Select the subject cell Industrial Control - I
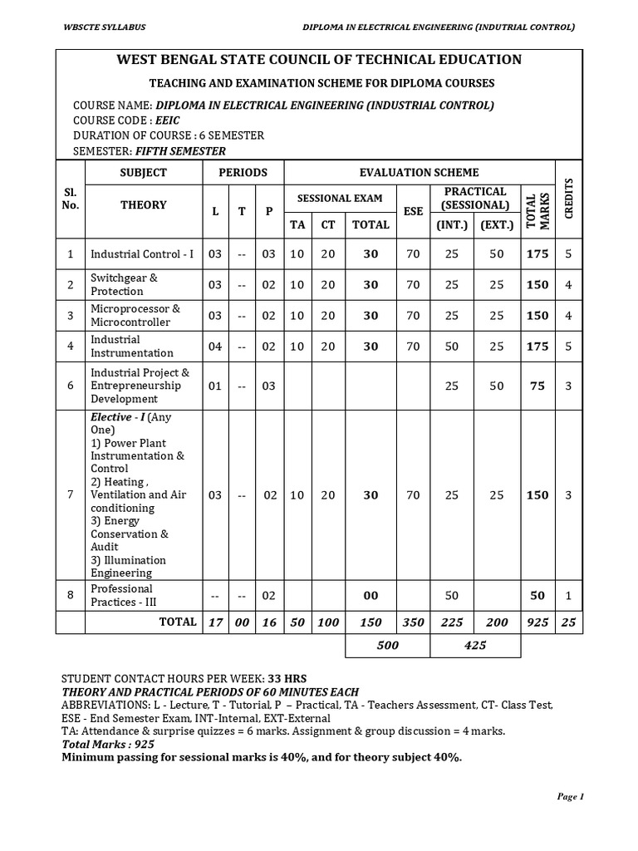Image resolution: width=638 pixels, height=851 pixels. pos(142,253)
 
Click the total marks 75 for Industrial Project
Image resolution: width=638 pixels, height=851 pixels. pos(537,386)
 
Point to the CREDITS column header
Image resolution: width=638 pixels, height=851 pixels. pos(569,199)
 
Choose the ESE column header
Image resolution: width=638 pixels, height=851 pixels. pos(413,212)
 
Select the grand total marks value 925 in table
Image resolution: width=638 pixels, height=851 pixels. pos(537,622)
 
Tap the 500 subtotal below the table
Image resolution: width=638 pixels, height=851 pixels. pos(387,645)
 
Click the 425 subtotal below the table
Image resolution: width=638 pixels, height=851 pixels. pos(475,645)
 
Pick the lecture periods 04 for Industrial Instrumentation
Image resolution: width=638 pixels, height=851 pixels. pos(215,347)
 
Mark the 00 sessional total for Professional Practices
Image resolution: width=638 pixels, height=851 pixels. pos(371,596)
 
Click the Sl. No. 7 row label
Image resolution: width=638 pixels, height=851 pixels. pos(71,494)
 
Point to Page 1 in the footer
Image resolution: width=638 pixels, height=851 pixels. pos(571,796)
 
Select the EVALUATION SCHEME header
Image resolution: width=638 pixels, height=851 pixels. pos(419,173)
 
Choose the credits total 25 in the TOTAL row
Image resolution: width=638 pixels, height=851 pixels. pos(568,622)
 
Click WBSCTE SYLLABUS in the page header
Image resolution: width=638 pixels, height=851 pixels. pos(105,27)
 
